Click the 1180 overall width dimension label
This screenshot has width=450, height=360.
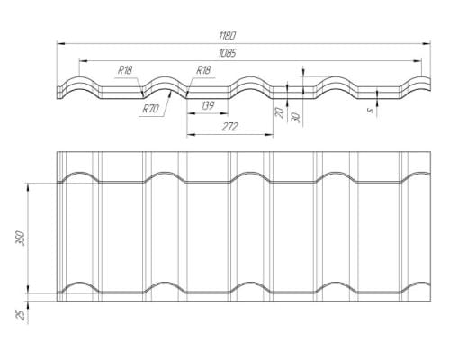tap(228, 36)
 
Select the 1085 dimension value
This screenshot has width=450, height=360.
tap(228, 53)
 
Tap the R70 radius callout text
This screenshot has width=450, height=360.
tap(150, 109)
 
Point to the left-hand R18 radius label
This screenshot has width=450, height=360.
tap(125, 70)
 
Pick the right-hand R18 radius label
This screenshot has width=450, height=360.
tap(203, 70)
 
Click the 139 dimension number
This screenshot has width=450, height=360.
tap(207, 106)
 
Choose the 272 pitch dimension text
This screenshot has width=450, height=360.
tap(229, 127)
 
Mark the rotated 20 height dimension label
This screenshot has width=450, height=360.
tap(280, 113)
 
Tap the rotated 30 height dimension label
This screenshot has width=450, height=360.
tap(296, 117)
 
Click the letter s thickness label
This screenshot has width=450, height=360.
tap(371, 111)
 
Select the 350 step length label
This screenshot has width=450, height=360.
tap(21, 238)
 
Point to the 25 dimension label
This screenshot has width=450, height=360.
tap(21, 315)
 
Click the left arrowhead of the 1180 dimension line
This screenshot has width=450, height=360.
tap(61, 44)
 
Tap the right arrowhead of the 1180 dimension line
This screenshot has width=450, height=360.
tap(427, 44)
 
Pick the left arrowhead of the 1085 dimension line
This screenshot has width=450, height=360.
tap(84, 61)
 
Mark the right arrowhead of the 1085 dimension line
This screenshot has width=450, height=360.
tap(418, 61)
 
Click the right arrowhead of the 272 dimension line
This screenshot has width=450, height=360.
tap(269, 135)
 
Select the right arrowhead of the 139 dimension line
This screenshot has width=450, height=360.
tap(224, 114)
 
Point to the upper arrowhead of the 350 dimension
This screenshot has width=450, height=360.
tap(28, 187)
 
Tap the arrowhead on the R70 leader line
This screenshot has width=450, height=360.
tap(170, 94)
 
